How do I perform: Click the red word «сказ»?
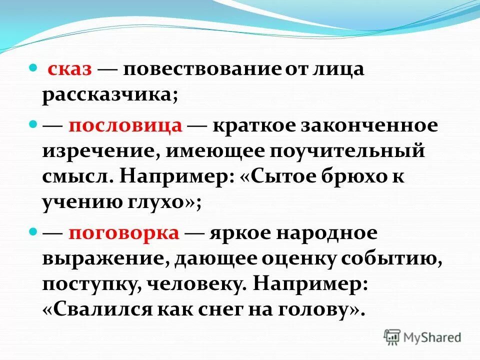click(x=69, y=70)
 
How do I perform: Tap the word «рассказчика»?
click(x=109, y=94)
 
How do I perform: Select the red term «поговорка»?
click(x=124, y=234)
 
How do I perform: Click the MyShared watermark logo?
click(x=422, y=337)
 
